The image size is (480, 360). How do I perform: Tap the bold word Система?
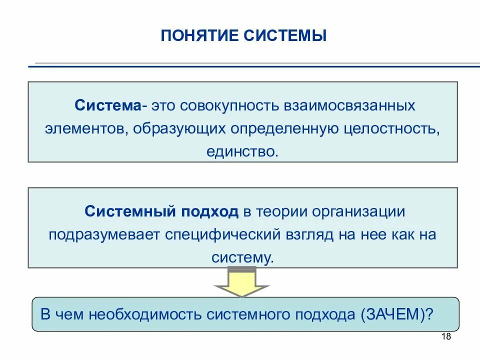coord(108,106)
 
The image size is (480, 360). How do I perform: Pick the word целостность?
coord(392,128)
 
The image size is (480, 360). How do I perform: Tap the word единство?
coord(241,150)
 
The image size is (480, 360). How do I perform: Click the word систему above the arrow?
coord(242,257)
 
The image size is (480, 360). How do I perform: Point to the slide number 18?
coord(446,337)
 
